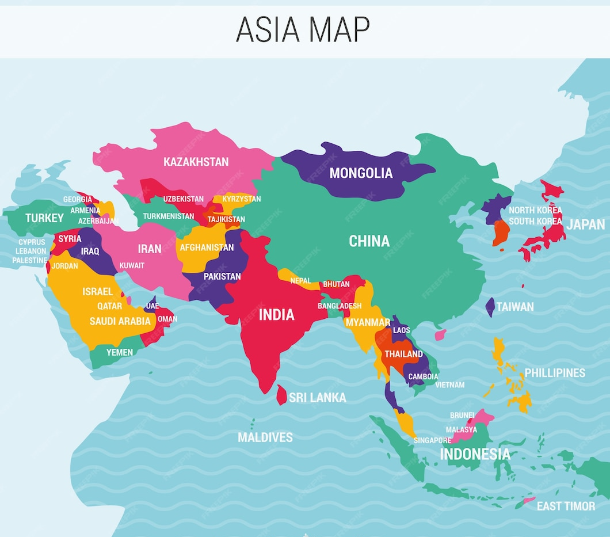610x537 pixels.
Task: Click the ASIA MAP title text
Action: [x=303, y=29]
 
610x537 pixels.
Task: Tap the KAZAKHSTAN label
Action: [x=196, y=162]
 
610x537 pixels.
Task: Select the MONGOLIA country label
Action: [x=361, y=173]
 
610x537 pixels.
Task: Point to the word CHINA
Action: [x=369, y=241]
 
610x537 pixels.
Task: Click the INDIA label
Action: [x=276, y=315]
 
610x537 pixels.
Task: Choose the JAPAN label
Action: [x=585, y=224]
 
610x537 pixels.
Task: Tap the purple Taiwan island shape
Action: [x=490, y=307]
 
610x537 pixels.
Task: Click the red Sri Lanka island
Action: [x=281, y=395]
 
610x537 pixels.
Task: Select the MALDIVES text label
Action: [x=265, y=437]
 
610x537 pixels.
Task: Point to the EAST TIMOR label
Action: [x=566, y=506]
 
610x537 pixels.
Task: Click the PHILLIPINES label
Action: [x=555, y=373]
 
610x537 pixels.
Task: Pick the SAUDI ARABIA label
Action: [x=120, y=321]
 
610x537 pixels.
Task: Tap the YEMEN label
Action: [x=119, y=352]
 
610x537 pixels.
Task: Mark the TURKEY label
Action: [x=44, y=218]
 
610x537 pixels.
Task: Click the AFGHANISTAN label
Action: [x=207, y=247]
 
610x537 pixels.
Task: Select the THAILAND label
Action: [x=403, y=354]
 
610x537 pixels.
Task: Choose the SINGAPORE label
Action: [x=432, y=440]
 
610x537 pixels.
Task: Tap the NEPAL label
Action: [x=300, y=281]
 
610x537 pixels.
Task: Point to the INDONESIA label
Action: [x=475, y=454]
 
